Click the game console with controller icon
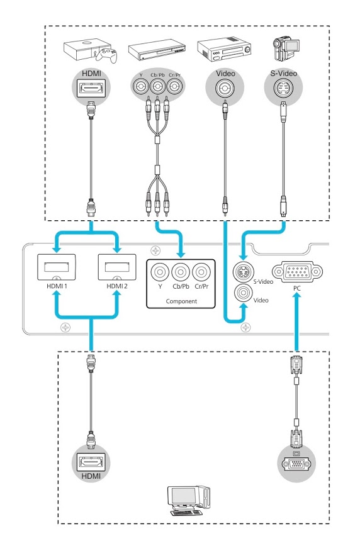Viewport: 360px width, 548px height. tap(90, 52)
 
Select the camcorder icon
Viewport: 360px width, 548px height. tap(286, 48)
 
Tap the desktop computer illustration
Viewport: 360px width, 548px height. tap(189, 500)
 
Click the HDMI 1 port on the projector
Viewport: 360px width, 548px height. tap(57, 267)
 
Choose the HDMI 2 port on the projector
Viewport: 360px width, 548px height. tap(117, 267)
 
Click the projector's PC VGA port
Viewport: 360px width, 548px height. tap(297, 272)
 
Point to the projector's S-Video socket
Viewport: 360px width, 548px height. tap(244, 272)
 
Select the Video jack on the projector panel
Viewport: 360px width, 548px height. tap(244, 293)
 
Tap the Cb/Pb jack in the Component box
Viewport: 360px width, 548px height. tap(181, 272)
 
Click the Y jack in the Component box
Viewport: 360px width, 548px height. tap(160, 272)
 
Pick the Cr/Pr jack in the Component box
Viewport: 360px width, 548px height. tap(201, 272)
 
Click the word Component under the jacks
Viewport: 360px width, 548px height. tap(181, 301)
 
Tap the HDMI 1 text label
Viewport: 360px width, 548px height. tap(57, 286)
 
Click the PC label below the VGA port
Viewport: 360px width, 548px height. tap(296, 288)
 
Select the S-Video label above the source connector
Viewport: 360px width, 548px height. tap(283, 74)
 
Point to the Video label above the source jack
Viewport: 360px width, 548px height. tap(225, 74)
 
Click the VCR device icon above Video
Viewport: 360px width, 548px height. tap(224, 50)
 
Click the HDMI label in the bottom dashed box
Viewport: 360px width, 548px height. tap(91, 476)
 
